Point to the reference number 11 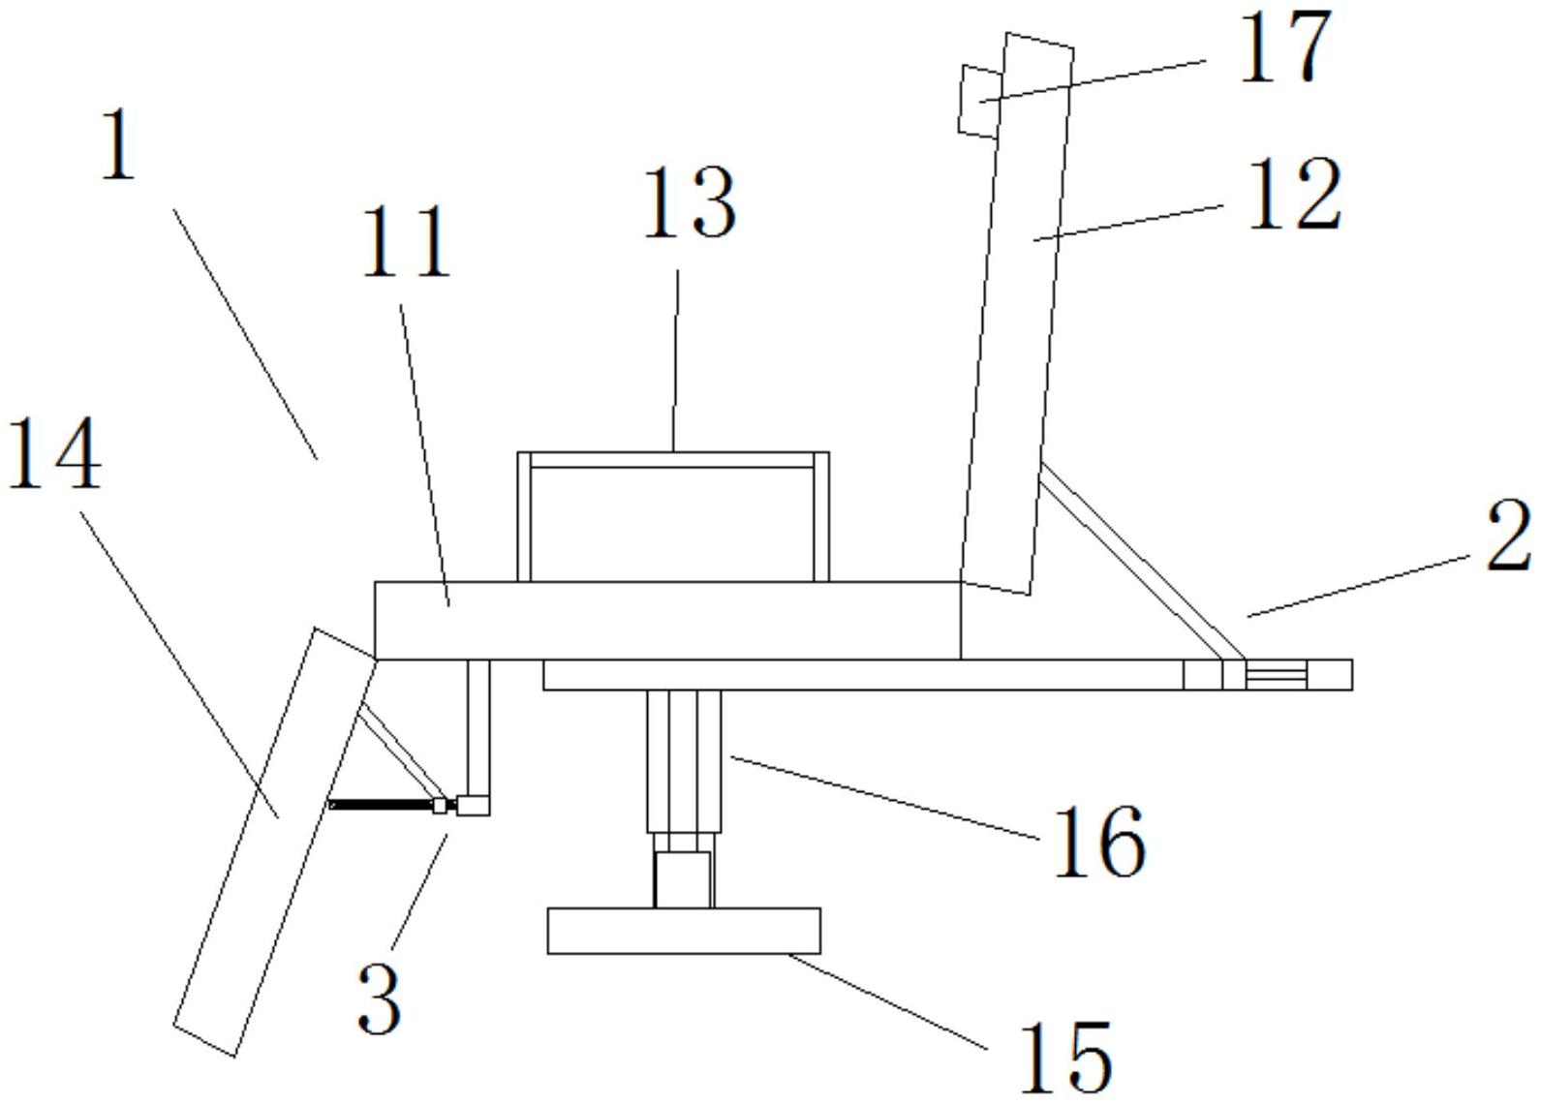407,241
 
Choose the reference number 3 379,998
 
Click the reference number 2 1508,537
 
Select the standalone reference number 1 118,146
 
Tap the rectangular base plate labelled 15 684,931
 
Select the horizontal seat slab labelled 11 666,620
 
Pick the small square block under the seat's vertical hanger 473,805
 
